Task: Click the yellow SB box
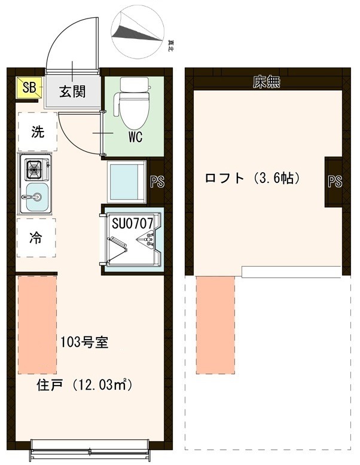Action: (x=28, y=87)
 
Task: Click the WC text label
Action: (x=135, y=137)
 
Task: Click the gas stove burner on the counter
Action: (x=34, y=170)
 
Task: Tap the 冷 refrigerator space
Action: (x=36, y=237)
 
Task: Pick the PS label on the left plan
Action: (x=157, y=182)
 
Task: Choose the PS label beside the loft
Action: (x=335, y=182)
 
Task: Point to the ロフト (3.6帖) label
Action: (x=252, y=178)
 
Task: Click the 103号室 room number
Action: (x=84, y=343)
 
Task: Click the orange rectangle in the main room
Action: (x=37, y=323)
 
